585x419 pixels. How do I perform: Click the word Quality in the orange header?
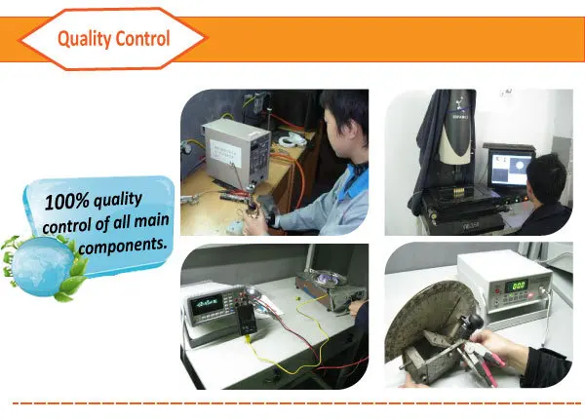(86, 40)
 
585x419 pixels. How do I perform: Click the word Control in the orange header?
(142, 40)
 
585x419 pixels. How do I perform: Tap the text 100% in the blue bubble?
(67, 201)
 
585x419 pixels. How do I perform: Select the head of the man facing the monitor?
(552, 177)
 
